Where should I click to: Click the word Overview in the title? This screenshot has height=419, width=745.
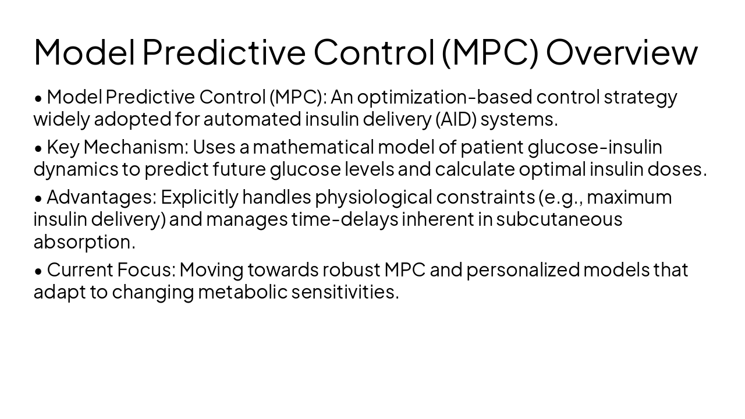point(621,52)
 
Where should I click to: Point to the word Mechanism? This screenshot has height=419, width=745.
point(136,147)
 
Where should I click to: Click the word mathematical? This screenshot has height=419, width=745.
point(312,147)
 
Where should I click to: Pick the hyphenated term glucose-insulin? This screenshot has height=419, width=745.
point(595,147)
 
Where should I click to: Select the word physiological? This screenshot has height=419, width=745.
point(374,197)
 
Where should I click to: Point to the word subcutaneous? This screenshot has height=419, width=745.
point(559,219)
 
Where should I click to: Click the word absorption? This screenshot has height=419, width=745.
point(84,242)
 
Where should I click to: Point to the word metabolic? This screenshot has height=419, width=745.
point(243,292)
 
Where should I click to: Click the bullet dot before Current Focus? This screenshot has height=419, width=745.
point(38,271)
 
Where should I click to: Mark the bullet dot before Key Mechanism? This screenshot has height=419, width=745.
point(38,148)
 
